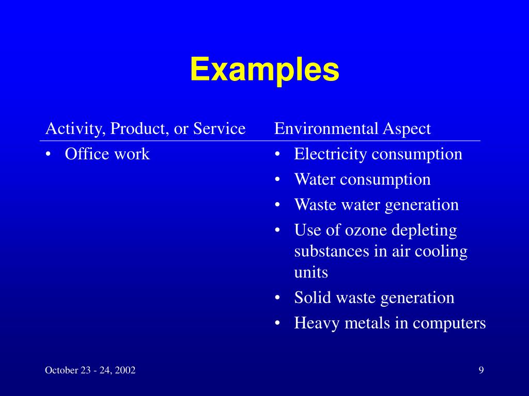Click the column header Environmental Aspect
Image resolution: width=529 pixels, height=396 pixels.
click(x=352, y=128)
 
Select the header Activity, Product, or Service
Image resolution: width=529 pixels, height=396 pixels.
click(x=145, y=128)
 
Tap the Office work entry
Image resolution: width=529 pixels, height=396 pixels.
click(x=107, y=154)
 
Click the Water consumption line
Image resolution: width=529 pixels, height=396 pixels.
click(x=362, y=179)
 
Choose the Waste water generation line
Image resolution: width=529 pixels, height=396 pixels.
click(x=376, y=205)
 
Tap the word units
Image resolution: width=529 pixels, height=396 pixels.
click(x=311, y=272)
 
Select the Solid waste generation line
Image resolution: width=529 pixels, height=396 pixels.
click(x=374, y=298)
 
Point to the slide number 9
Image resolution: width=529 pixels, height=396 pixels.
click(x=481, y=370)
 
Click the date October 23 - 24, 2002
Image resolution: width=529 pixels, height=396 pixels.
click(x=90, y=370)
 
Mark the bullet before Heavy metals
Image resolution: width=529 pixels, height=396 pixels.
click(x=278, y=324)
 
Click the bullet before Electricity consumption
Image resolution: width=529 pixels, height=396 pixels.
click(x=278, y=154)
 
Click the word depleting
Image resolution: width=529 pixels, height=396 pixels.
click(x=424, y=230)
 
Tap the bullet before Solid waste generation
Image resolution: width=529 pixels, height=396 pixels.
click(x=278, y=298)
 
